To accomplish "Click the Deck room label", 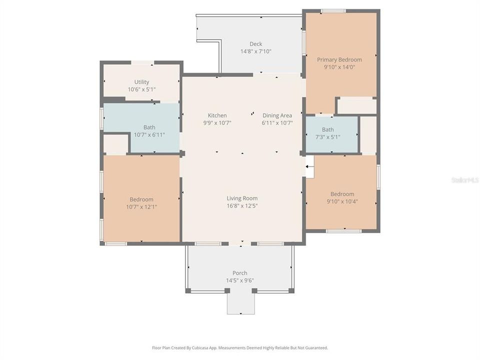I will (x=255, y=44).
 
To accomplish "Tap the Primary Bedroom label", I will (x=339, y=59).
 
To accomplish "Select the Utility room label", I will (x=141, y=82).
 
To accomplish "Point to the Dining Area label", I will (x=277, y=115).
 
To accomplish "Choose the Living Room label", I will (x=242, y=198).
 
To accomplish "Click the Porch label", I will (x=240, y=273).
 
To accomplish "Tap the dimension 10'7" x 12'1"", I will (x=141, y=206).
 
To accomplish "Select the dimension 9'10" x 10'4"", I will (x=342, y=201).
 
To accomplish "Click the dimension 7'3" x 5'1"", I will (x=328, y=137).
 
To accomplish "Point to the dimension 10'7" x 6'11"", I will (x=149, y=134).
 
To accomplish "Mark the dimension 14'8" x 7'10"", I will (x=255, y=51).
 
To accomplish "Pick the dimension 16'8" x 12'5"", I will (x=242, y=205).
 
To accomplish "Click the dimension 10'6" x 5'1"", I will (x=141, y=89).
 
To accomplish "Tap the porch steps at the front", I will (x=240, y=303).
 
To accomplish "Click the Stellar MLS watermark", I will (x=464, y=179).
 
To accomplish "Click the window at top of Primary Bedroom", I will (x=333, y=10).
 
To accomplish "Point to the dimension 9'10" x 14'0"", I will (x=339, y=67).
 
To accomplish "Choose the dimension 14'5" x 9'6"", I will (x=240, y=280).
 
